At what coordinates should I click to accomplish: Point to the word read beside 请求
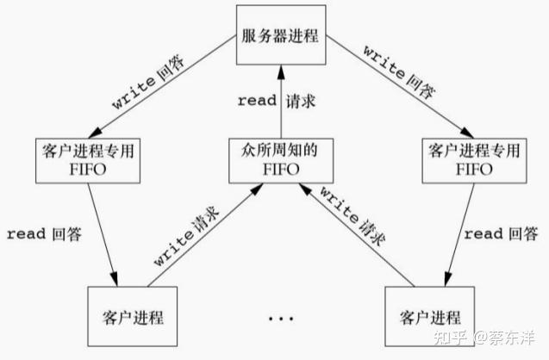(x=257, y=101)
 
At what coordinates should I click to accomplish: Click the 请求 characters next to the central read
(x=301, y=101)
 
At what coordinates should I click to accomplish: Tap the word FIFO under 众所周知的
(x=281, y=170)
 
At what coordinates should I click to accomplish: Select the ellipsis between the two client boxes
(x=281, y=319)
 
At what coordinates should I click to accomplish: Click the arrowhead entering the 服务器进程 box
(x=281, y=72)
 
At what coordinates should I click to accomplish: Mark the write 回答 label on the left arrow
(x=148, y=81)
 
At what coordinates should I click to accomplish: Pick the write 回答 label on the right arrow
(x=399, y=72)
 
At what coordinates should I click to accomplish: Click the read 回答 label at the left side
(x=44, y=234)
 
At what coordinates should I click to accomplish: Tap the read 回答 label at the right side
(x=501, y=233)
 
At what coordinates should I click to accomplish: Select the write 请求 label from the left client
(x=187, y=235)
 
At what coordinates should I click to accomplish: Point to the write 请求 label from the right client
(x=352, y=216)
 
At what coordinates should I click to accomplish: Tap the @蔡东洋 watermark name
(x=504, y=338)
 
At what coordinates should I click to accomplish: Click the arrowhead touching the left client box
(x=114, y=279)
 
